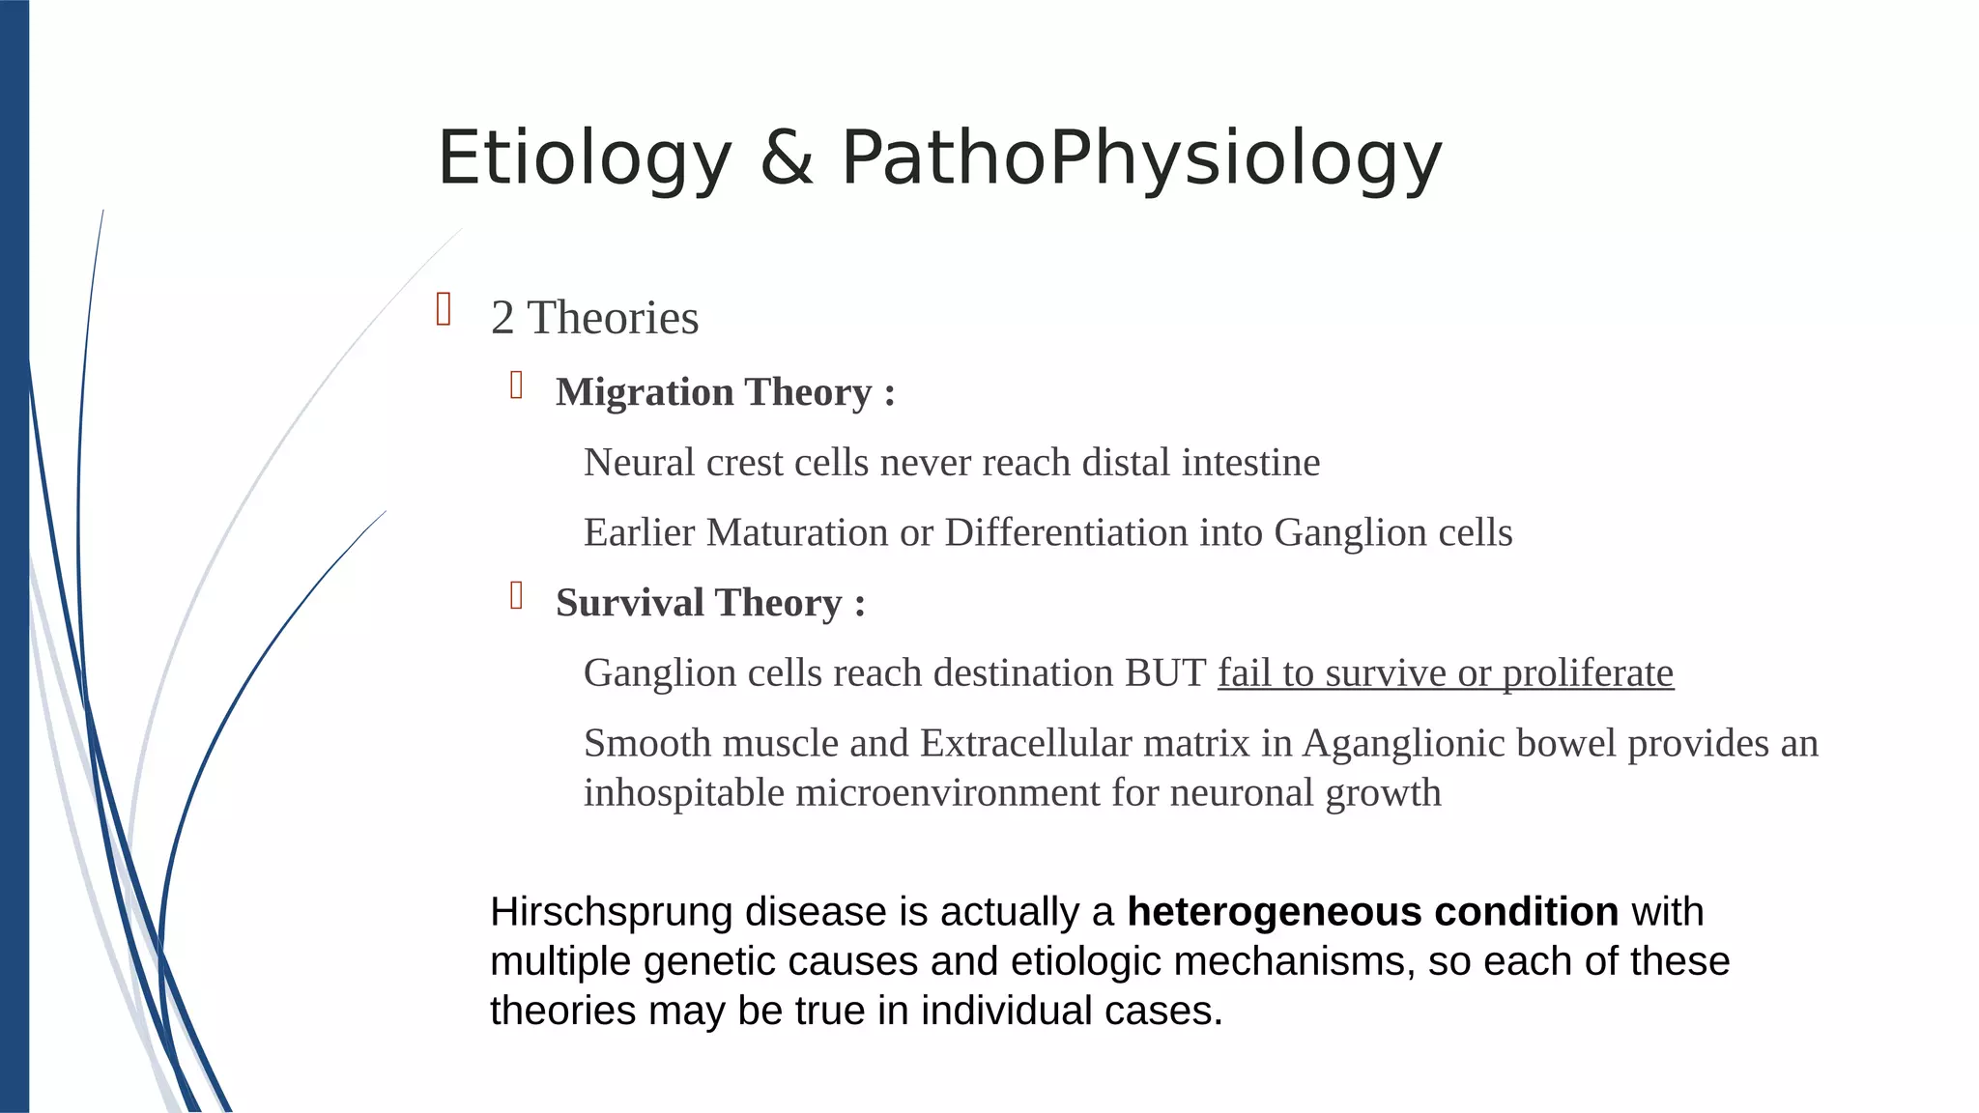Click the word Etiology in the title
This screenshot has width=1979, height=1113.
pyautogui.click(x=585, y=158)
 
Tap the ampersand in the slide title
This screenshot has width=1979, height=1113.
pyautogui.click(x=787, y=158)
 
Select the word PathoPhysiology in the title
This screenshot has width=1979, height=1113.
pyautogui.click(x=1141, y=158)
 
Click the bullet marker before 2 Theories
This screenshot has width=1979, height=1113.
pyautogui.click(x=445, y=310)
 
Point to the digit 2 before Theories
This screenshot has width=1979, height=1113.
pyautogui.click(x=502, y=318)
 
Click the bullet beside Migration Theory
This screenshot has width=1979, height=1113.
pyautogui.click(x=517, y=385)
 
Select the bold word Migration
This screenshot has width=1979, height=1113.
pyautogui.click(x=645, y=392)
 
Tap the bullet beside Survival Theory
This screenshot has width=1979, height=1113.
pyautogui.click(x=517, y=596)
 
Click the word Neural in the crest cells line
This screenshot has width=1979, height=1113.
pyautogui.click(x=639, y=463)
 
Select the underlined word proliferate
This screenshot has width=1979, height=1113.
pyautogui.click(x=1588, y=673)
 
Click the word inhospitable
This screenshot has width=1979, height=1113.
pyautogui.click(x=684, y=793)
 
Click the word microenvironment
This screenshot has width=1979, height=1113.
pyautogui.click(x=948, y=793)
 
